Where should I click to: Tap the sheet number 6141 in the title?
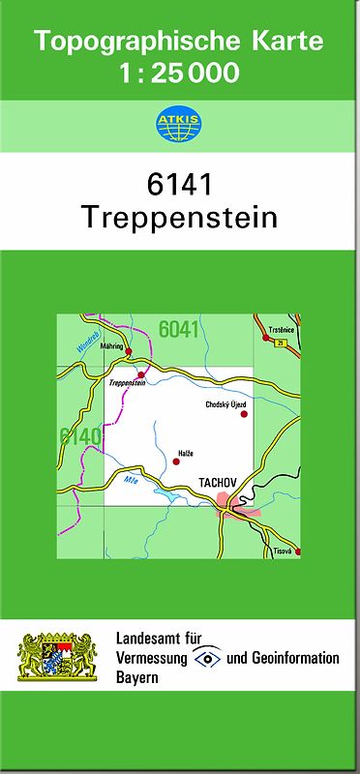(x=180, y=184)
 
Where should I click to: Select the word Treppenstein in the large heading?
(x=180, y=217)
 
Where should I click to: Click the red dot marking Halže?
(x=176, y=461)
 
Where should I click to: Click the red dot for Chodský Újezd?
(x=244, y=414)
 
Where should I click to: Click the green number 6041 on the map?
(x=179, y=329)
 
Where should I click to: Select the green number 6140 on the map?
(x=79, y=436)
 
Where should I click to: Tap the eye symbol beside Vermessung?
(x=207, y=659)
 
